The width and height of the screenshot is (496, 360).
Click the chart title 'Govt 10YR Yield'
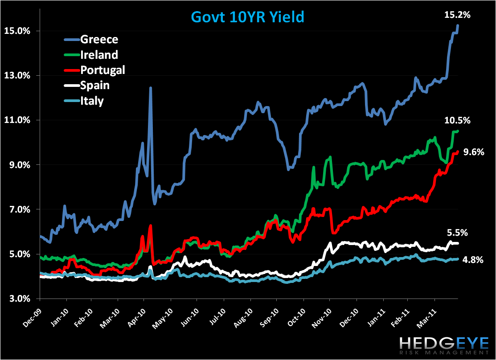click(247, 17)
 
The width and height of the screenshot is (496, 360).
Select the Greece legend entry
click(99, 40)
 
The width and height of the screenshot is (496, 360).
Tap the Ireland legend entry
click(99, 55)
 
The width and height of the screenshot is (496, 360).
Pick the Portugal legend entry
click(102, 70)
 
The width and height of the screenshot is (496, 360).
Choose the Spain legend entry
click(95, 85)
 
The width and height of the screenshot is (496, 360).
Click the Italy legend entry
click(92, 101)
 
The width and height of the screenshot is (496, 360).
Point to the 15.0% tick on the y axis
click(17, 31)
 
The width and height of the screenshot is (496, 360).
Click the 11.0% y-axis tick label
click(17, 120)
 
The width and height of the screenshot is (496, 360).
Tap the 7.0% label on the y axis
click(19, 209)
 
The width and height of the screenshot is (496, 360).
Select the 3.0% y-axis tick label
click(19, 299)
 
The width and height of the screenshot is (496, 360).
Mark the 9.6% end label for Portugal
click(473, 152)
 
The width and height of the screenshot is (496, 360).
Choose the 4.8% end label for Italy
click(473, 260)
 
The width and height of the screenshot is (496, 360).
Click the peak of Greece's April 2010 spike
click(151, 88)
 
